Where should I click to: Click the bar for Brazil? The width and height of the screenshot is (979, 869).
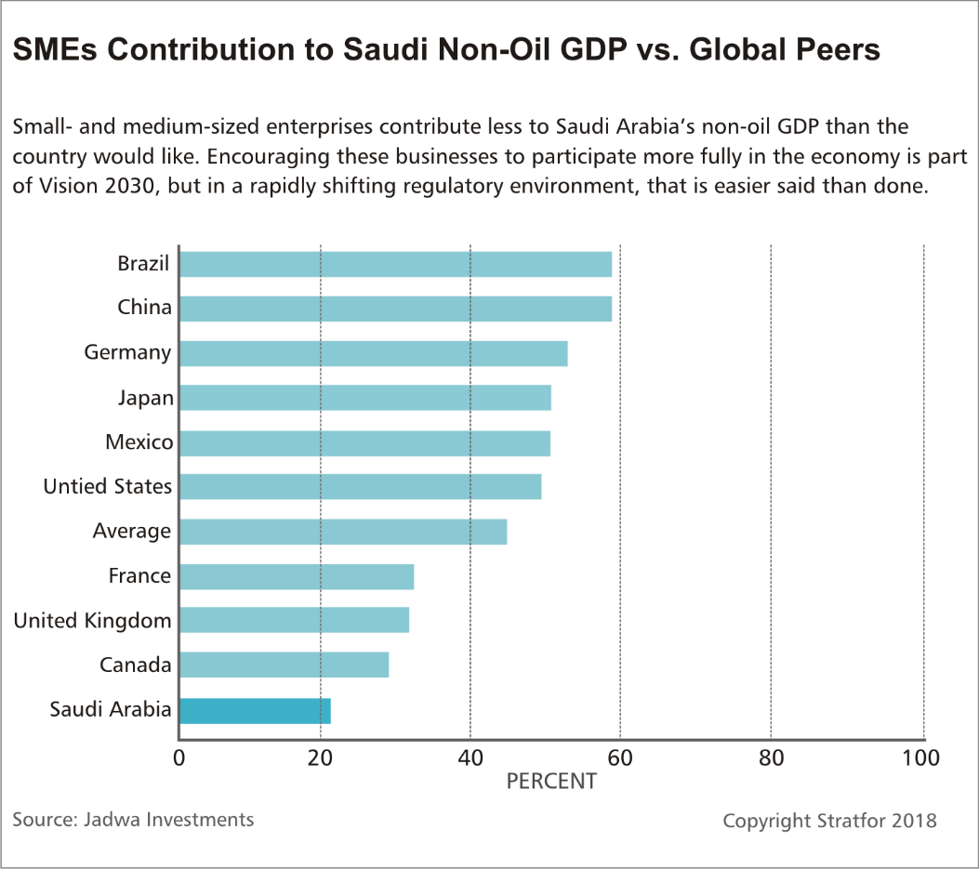pyautogui.click(x=395, y=264)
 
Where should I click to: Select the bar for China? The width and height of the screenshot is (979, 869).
pyautogui.click(x=395, y=309)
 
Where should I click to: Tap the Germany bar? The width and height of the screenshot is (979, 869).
pyautogui.click(x=373, y=353)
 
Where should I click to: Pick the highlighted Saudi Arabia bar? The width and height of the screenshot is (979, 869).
pyautogui.click(x=255, y=711)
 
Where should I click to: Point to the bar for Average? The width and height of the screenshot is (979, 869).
pyautogui.click(x=342, y=532)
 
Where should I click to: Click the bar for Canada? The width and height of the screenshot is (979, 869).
pyautogui.click(x=284, y=665)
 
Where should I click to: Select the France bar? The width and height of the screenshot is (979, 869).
pyautogui.click(x=296, y=576)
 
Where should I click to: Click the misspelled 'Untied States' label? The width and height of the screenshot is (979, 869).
pyautogui.click(x=108, y=487)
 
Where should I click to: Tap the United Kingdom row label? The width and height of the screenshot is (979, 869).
pyautogui.click(x=92, y=621)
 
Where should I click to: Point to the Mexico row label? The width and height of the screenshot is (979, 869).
pyautogui.click(x=139, y=442)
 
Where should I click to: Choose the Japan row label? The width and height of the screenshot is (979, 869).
pyautogui.click(x=145, y=398)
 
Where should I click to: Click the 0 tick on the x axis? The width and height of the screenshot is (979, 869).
pyautogui.click(x=179, y=757)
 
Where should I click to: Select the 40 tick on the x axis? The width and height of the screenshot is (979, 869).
pyautogui.click(x=470, y=757)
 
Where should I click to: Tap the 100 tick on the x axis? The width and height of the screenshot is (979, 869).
pyautogui.click(x=921, y=757)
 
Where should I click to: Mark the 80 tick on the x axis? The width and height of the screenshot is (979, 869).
pyautogui.click(x=771, y=757)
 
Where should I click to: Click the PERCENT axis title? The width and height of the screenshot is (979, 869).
pyautogui.click(x=550, y=782)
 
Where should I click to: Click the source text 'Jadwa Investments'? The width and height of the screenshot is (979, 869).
pyautogui.click(x=168, y=820)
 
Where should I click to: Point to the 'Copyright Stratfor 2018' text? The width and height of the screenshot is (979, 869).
pyautogui.click(x=829, y=822)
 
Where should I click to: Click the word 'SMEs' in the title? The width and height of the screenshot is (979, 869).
pyautogui.click(x=54, y=50)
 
